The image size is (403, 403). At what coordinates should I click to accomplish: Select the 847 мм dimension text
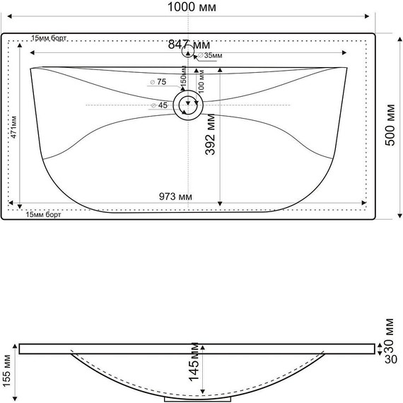click(x=188, y=44)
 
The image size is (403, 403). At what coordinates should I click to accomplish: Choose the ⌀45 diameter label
click(x=159, y=105)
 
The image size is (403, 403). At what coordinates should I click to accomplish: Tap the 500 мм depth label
click(x=390, y=125)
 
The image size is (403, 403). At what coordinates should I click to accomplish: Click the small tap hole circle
click(x=188, y=51)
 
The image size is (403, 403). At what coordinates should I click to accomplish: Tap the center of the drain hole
click(x=189, y=105)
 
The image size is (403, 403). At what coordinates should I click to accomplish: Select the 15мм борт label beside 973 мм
click(x=43, y=215)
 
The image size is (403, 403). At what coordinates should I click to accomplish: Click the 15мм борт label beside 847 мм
click(x=49, y=38)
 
